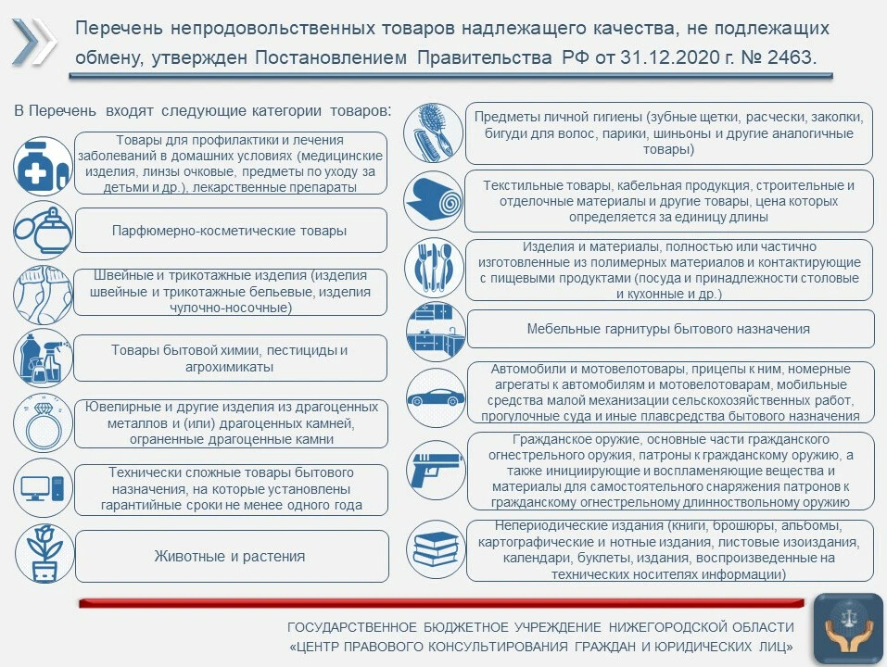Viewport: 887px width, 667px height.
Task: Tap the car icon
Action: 433,398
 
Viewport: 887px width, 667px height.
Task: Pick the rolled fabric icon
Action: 433,200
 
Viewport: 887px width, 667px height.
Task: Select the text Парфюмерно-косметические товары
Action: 229,231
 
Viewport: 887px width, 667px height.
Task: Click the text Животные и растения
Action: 229,557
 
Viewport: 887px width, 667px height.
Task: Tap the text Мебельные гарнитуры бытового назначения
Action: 668,329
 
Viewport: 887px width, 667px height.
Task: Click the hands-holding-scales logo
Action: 847,630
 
